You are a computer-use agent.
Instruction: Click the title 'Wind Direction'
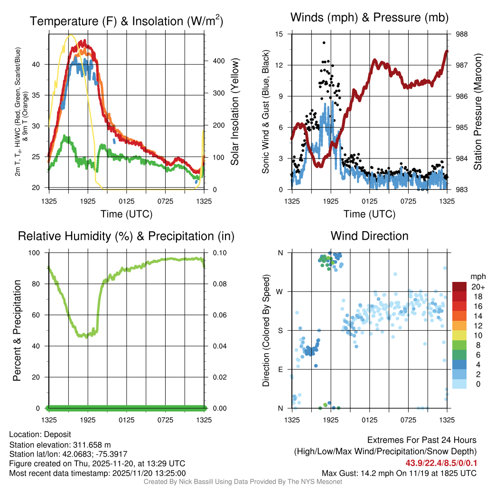point(369,236)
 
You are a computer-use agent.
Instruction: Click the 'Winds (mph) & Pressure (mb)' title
point(369,18)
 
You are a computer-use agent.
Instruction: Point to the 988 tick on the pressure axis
point(462,34)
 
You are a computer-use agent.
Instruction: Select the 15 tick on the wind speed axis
point(280,34)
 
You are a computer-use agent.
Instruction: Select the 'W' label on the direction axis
point(280,291)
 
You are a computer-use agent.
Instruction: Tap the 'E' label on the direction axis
point(280,369)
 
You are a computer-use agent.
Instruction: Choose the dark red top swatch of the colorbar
point(460,287)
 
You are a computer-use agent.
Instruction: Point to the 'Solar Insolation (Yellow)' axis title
point(235,112)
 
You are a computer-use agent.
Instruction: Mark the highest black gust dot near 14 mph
point(324,43)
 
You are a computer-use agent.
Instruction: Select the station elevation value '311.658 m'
point(92,445)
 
